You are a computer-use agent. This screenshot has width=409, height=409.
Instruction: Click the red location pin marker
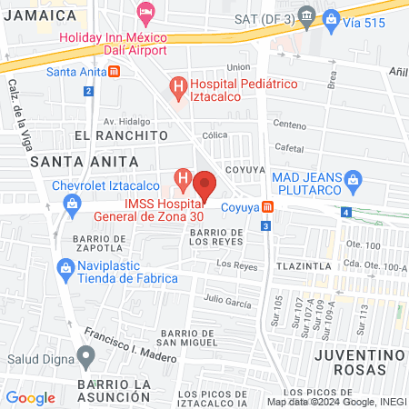204,185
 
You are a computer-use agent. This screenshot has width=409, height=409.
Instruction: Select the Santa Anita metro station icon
114,72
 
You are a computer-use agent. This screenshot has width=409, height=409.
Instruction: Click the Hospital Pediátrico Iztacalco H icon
179,87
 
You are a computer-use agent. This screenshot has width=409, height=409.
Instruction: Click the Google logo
30,397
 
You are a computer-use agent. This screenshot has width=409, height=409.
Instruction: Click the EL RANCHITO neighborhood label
122,135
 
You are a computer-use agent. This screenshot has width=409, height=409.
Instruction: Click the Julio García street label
226,298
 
